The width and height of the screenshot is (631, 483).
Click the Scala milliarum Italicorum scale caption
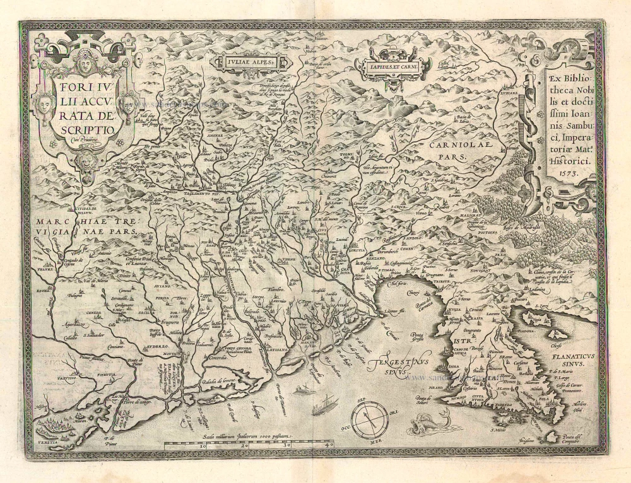[242, 436]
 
